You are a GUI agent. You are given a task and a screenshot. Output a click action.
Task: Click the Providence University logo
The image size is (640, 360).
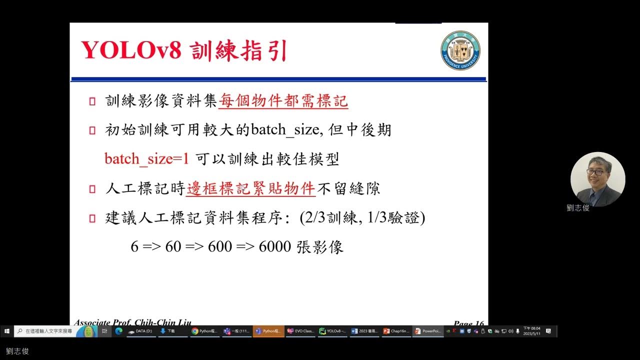click(460, 50)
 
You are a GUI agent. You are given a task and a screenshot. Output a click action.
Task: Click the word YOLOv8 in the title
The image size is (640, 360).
click(131, 50)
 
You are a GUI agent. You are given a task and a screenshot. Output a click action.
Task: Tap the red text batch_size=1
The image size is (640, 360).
click(146, 159)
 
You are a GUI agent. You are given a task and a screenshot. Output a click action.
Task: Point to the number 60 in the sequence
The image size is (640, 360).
click(172, 246)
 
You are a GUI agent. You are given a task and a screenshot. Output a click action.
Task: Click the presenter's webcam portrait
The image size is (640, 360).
click(597, 179)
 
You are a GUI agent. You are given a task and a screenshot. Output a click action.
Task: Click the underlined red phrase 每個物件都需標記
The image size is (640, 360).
click(283, 101)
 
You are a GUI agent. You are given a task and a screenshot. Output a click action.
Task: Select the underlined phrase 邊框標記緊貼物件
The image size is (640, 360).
click(250, 188)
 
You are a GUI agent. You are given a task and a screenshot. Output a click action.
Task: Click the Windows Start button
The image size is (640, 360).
click(7, 331)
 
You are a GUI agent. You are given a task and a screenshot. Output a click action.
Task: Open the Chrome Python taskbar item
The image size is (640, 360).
click(205, 331)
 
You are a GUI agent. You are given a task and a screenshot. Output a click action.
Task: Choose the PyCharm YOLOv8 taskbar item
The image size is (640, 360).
click(332, 331)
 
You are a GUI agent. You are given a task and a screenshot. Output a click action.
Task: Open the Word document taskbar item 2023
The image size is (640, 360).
click(363, 331)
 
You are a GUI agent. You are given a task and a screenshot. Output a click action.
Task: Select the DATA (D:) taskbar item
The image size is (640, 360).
click(140, 331)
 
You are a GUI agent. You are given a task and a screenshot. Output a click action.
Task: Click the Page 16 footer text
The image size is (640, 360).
click(468, 323)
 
